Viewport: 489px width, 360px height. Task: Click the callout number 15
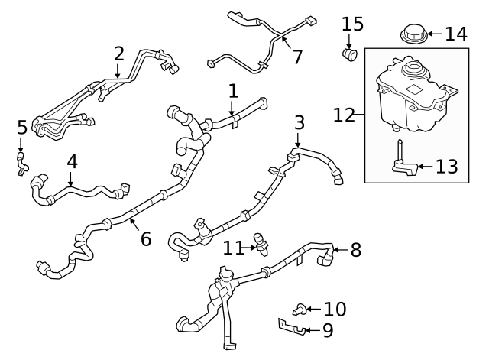[352, 24]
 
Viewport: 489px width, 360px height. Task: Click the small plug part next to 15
[350, 54]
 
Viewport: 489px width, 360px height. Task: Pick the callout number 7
[297, 56]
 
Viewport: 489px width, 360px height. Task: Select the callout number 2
[118, 54]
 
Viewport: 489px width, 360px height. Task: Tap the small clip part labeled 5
[21, 161]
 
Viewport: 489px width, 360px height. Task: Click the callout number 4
[72, 162]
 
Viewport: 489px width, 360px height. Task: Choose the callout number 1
[233, 91]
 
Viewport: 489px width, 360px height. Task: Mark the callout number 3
[300, 122]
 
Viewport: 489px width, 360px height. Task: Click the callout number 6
[145, 239]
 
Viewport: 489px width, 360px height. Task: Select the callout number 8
[356, 249]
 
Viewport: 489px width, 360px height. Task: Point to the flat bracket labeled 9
[292, 327]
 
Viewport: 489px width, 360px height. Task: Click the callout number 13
[448, 166]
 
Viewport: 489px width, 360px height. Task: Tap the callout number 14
[455, 34]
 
